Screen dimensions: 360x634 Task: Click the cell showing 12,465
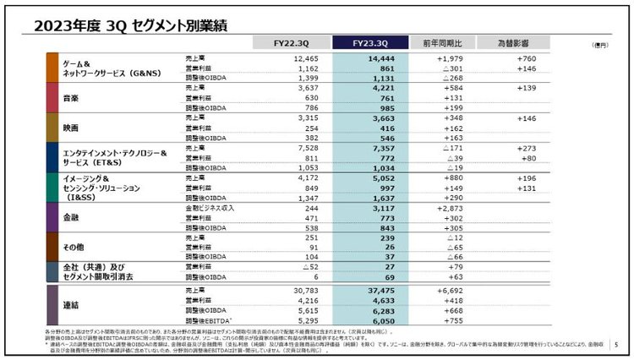[x=300, y=58]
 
